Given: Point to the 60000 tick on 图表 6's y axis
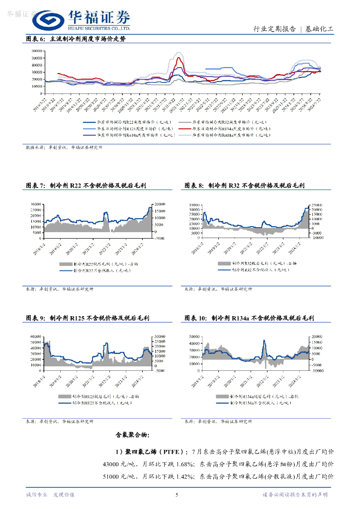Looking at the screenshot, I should tap(37, 51).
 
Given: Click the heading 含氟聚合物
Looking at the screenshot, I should tap(132, 434).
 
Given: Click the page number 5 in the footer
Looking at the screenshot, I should tap(177, 495).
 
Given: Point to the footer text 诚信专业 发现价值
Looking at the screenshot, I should tap(50, 495).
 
